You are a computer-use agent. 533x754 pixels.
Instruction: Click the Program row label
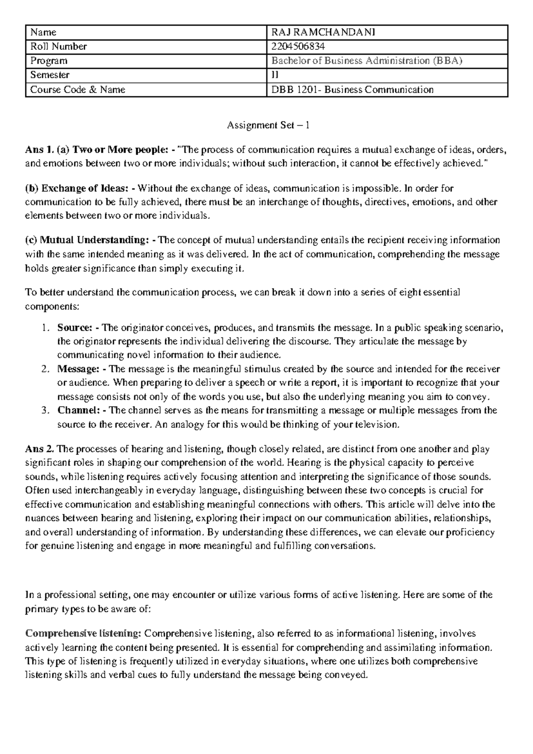(48, 61)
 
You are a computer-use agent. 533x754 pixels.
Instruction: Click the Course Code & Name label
(77, 90)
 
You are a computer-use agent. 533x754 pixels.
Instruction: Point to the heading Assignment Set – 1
(268, 126)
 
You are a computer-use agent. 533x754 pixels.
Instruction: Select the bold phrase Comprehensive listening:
(83, 634)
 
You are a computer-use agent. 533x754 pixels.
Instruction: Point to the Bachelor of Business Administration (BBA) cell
(367, 61)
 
